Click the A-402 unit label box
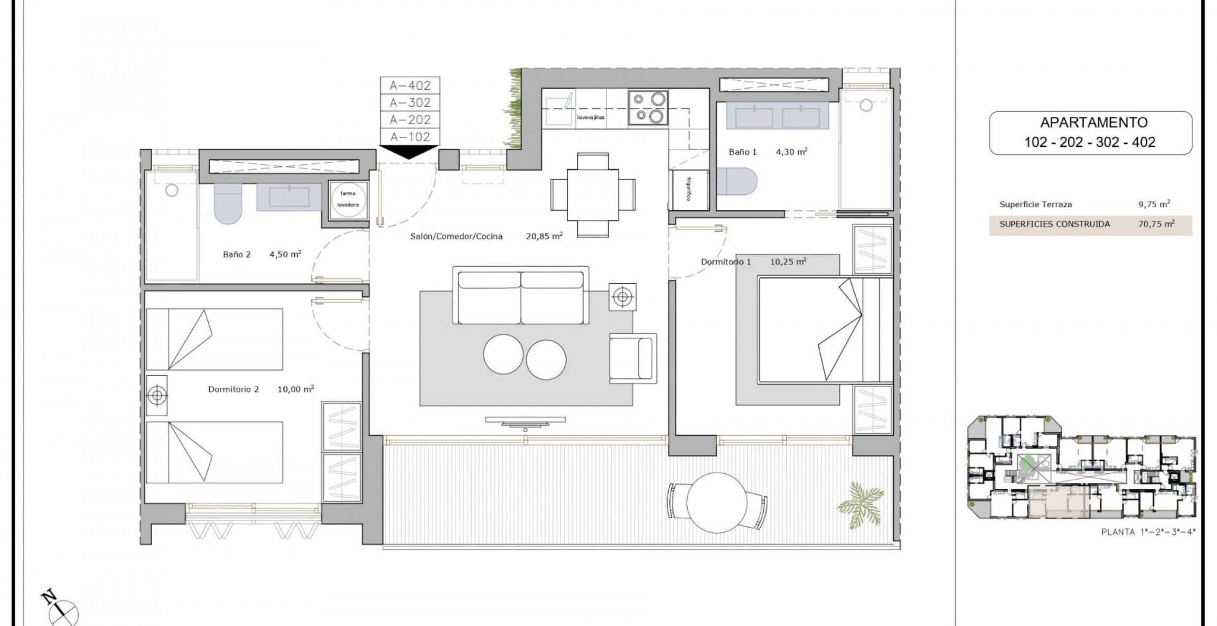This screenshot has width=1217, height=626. point(410,85)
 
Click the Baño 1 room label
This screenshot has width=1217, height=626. point(743,152)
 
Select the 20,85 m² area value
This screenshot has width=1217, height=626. point(544,236)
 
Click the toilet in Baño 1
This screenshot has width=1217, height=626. point(738,181)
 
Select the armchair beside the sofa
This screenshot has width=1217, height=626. point(633,358)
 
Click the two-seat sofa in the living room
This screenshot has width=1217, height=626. point(520,295)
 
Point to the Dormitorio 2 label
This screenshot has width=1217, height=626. point(233,389)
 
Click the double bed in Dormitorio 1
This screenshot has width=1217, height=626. point(824,329)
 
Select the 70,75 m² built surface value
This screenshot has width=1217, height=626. point(1156,224)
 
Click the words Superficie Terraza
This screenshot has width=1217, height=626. point(1035,204)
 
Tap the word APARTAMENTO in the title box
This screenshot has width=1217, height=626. point(1093,123)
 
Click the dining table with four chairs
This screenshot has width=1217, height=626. point(593,195)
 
